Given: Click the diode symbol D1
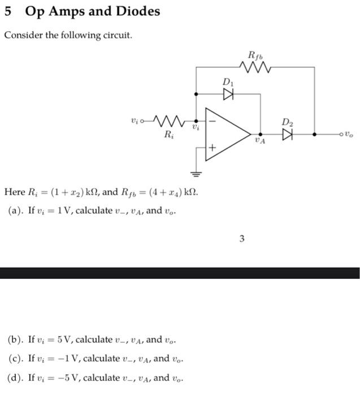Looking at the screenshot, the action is pyautogui.click(x=228, y=94).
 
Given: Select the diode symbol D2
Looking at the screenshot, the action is pyautogui.click(x=288, y=135).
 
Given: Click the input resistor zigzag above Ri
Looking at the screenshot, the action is pyautogui.click(x=168, y=121).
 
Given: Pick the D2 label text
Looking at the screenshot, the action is pyautogui.click(x=288, y=122).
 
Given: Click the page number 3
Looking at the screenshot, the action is pyautogui.click(x=241, y=239).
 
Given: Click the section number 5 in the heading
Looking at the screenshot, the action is pyautogui.click(x=8, y=11).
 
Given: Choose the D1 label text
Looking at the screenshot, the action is pyautogui.click(x=227, y=83).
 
